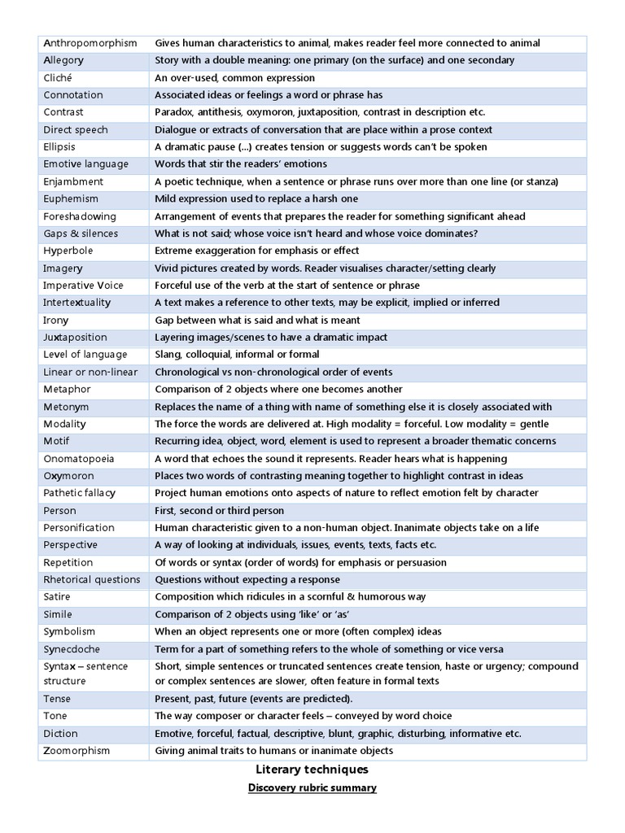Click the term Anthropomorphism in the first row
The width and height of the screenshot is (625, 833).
tap(90, 43)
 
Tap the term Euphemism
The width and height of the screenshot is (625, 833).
tap(71, 198)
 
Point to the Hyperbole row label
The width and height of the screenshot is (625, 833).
tap(68, 251)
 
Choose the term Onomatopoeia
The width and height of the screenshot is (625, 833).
tap(79, 459)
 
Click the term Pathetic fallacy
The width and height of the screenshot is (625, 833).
tap(80, 493)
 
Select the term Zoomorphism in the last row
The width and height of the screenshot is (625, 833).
tap(76, 751)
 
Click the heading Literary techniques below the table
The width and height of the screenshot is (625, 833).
tap(312, 770)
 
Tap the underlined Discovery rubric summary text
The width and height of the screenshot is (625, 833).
tap(312, 788)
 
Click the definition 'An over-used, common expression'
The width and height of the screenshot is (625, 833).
tap(235, 78)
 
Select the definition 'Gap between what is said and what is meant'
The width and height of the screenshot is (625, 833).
tap(257, 321)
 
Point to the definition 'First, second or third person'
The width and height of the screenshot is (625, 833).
tap(220, 511)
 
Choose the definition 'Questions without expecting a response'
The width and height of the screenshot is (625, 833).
tap(245, 580)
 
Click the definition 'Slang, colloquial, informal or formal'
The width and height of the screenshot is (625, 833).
tap(237, 355)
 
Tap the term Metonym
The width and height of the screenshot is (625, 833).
tap(66, 407)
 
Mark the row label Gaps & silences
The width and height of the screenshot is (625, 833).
tap(81, 233)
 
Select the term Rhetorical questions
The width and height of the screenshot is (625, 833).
tap(92, 580)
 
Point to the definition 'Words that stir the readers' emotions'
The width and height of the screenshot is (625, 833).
tap(241, 164)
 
